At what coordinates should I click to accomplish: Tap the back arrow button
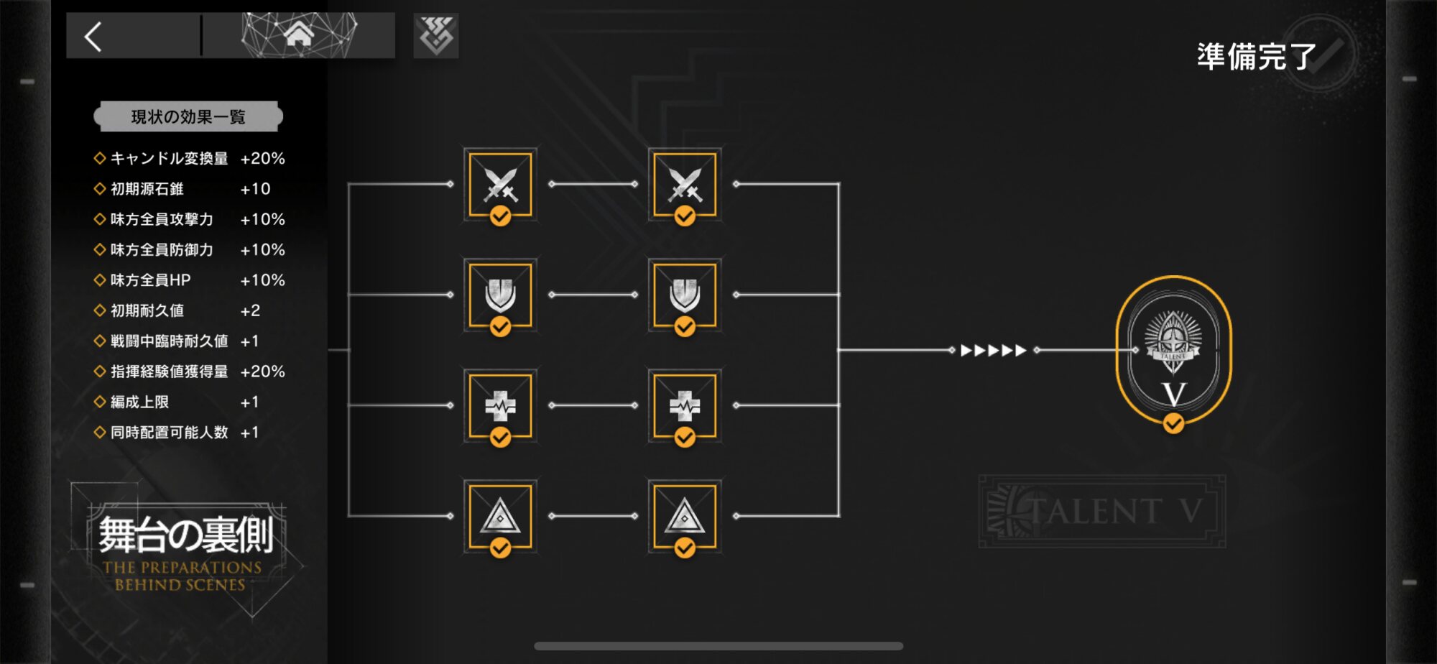click(x=94, y=36)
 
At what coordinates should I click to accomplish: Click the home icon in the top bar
click(x=298, y=34)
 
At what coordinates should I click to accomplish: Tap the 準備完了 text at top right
click(x=1256, y=57)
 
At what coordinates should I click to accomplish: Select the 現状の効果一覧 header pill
click(x=188, y=117)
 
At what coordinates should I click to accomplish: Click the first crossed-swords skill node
click(x=500, y=185)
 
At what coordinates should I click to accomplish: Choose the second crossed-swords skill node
click(x=685, y=185)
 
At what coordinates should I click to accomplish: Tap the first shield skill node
click(x=500, y=295)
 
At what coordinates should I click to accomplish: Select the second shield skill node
click(x=685, y=295)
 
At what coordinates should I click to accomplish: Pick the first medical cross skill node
click(x=500, y=406)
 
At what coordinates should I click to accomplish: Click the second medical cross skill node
click(x=685, y=406)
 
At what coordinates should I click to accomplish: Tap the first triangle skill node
click(x=500, y=517)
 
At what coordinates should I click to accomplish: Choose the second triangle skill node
click(x=685, y=517)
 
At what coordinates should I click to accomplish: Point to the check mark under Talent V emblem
click(x=1173, y=423)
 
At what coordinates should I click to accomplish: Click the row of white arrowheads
click(x=993, y=351)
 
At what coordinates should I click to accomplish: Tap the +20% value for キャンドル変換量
click(x=262, y=159)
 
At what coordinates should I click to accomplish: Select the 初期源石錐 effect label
click(x=147, y=189)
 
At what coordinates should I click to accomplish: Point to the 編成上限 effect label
click(x=140, y=402)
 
